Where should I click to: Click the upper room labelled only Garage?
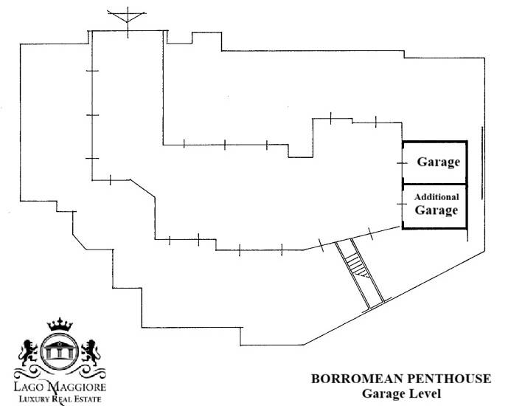click(x=435, y=162)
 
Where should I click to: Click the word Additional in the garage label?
click(x=437, y=197)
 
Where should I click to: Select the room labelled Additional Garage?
click(x=435, y=207)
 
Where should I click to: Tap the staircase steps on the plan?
click(x=357, y=266)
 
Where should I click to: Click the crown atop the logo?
click(x=60, y=324)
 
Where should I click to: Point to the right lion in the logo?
click(x=91, y=352)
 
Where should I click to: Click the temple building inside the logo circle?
click(x=59, y=350)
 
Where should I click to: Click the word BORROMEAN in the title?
click(x=358, y=379)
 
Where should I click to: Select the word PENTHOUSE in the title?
click(x=449, y=379)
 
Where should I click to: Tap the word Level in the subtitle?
click(x=425, y=393)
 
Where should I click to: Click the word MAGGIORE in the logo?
click(x=77, y=387)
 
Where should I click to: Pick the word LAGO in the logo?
click(x=29, y=387)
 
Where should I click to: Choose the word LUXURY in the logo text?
click(x=34, y=399)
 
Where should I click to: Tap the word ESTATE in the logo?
click(x=87, y=399)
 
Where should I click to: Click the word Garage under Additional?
click(x=437, y=210)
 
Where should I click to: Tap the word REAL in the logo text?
click(x=60, y=399)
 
